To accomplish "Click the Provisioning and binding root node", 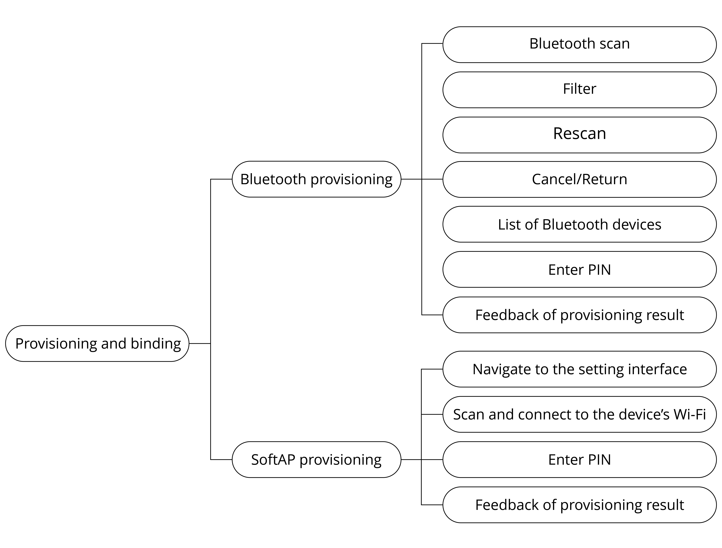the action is click(x=97, y=343).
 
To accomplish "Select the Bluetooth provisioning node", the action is click(x=316, y=179).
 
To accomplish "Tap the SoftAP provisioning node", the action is click(x=316, y=460).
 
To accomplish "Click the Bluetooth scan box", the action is click(x=579, y=45).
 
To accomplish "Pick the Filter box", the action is click(x=579, y=90).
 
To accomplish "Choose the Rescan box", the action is click(x=579, y=135).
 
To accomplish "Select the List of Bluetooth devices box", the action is click(x=579, y=224).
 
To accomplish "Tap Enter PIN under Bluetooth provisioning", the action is click(x=579, y=269).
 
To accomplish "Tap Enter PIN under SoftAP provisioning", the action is click(x=579, y=460).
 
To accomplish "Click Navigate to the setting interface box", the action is click(x=579, y=369).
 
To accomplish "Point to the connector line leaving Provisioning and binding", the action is click(x=200, y=343).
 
